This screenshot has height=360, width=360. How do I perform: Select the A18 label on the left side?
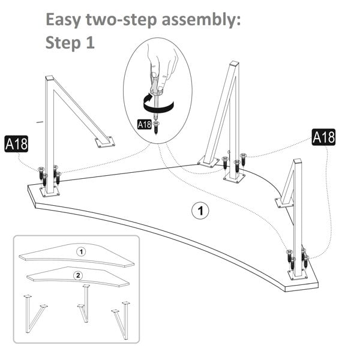(16, 144)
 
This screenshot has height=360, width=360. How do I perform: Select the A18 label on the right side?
(323, 137)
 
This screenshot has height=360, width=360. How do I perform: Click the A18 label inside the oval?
(145, 125)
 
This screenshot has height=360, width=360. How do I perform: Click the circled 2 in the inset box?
(77, 275)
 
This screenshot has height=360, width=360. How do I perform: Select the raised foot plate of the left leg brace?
(105, 142)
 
